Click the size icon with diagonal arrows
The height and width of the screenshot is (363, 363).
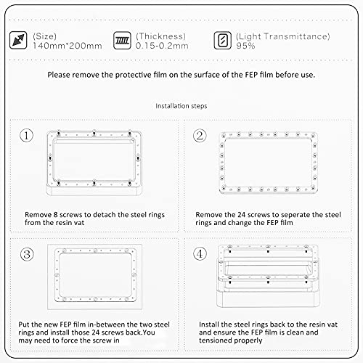click(18, 40)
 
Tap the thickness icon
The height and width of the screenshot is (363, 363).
click(122, 41)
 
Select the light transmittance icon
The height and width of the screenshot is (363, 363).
click(222, 41)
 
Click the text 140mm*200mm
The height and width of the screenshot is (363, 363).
click(68, 46)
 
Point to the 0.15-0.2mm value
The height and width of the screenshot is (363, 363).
click(162, 46)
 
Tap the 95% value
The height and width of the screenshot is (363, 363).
click(245, 46)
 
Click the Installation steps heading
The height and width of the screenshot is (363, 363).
click(181, 106)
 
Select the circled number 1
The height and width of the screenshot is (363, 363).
click(26, 135)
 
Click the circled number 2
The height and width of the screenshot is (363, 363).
click(200, 136)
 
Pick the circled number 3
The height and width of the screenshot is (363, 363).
click(27, 254)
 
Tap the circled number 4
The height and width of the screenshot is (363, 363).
click(200, 254)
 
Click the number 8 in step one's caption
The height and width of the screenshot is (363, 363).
click(55, 215)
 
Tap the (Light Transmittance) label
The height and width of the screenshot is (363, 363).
click(283, 36)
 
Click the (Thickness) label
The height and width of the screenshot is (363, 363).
click(160, 36)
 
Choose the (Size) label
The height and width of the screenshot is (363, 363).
click(45, 36)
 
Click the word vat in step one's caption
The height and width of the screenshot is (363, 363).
click(79, 223)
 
